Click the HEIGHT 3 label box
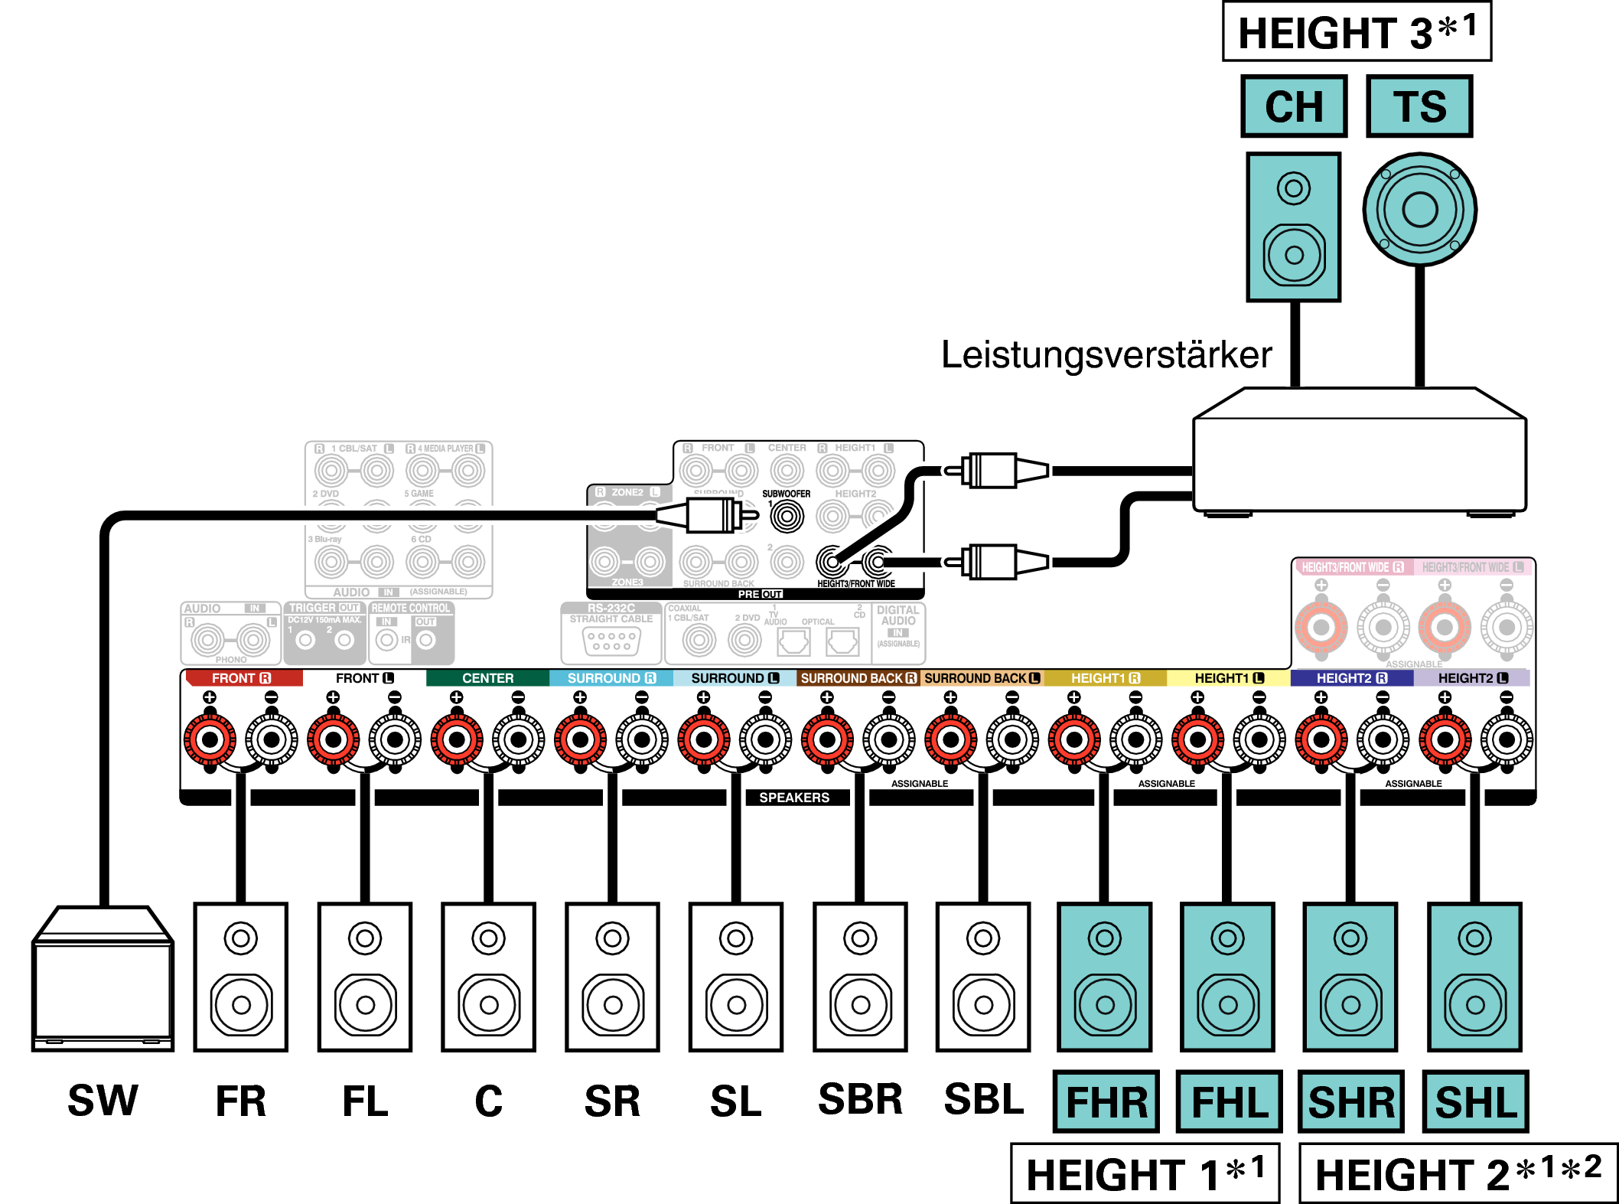1357,32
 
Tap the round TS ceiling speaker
1420,210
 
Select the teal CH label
1294,106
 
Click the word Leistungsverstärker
1106,355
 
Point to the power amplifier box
1360,452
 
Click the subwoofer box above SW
103,980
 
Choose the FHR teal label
1106,1102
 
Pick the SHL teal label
1475,1102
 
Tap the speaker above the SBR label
860,977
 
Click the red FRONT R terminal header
243,678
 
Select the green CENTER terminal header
487,678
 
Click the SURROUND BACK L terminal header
982,678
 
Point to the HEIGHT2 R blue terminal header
1351,678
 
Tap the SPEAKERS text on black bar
793,798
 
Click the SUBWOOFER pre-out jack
787,517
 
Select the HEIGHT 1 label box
1145,1173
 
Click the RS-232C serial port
611,641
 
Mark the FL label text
365,1102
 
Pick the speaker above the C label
488,977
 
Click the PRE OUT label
760,594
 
